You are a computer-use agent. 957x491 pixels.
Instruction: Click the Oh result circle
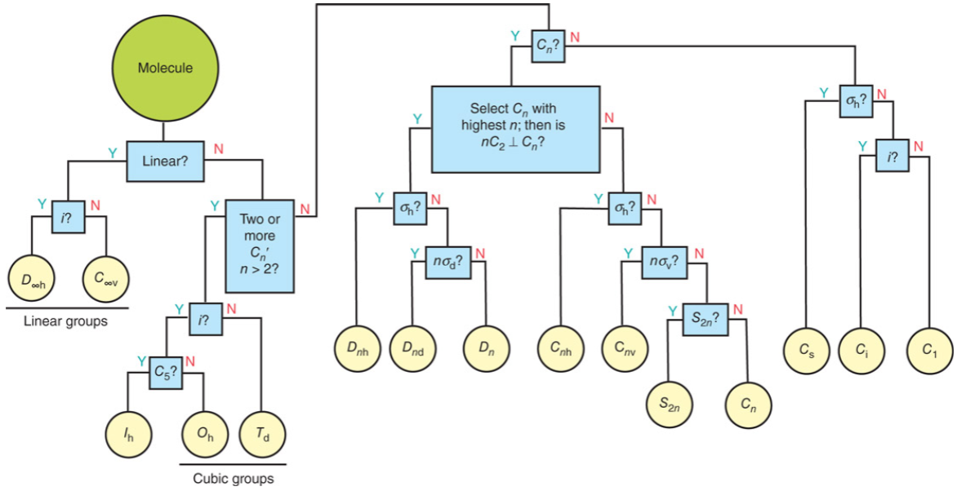[x=204, y=433]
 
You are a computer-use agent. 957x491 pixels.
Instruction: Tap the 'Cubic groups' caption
[x=233, y=478]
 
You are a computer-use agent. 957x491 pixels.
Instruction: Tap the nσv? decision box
[x=664, y=261]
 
